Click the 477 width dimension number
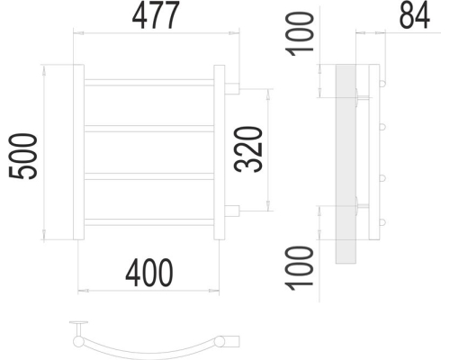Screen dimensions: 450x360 point(156,15)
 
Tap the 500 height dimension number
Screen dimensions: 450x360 point(23,157)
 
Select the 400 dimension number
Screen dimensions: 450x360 point(149,273)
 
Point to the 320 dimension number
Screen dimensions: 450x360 point(248,149)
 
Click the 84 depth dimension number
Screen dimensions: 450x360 point(414,15)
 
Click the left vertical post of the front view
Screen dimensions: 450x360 point(78,152)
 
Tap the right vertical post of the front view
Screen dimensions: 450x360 point(220,152)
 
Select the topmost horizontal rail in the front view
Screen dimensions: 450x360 point(149,83)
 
